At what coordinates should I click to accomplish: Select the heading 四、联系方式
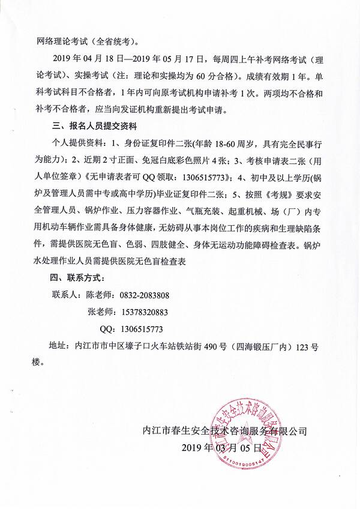tap(77, 279)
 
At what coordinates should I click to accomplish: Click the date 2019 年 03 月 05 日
tap(221, 448)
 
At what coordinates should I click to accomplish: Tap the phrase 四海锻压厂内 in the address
tap(268, 346)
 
